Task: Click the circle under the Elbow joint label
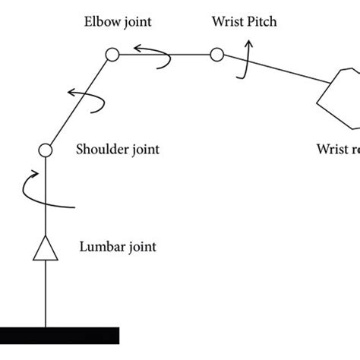point(112,54)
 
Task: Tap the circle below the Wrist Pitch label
point(216,54)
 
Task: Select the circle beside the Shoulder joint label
point(44,150)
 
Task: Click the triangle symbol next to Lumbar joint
point(44,247)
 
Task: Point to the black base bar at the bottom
point(59,334)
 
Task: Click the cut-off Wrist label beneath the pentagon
point(337,150)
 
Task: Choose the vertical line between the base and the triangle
point(44,296)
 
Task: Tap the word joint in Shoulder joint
point(144,150)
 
